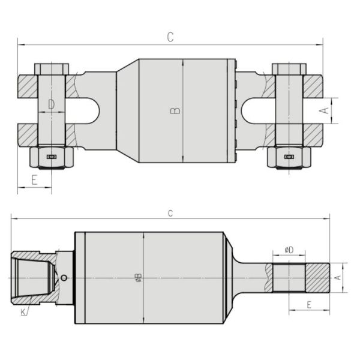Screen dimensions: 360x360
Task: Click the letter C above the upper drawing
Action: (x=170, y=37)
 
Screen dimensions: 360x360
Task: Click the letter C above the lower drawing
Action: (x=170, y=213)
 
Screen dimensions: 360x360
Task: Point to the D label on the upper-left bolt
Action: (x=52, y=105)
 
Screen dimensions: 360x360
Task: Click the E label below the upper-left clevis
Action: (x=34, y=179)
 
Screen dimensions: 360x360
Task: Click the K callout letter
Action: (x=23, y=313)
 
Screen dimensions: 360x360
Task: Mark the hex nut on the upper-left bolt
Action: (x=52, y=157)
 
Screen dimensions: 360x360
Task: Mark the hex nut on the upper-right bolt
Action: (x=289, y=157)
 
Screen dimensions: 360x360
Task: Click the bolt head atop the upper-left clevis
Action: (x=52, y=68)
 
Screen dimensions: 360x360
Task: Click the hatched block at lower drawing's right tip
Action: (x=317, y=277)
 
